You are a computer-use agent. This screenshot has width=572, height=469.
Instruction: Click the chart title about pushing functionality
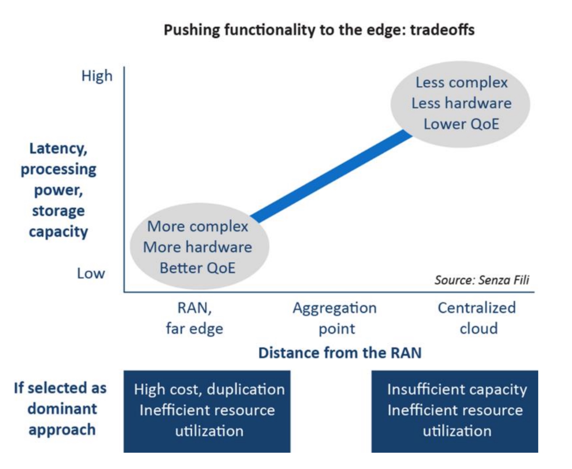[319, 30]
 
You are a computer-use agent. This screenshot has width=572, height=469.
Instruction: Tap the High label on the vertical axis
[97, 77]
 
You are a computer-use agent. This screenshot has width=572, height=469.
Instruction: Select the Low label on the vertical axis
[91, 274]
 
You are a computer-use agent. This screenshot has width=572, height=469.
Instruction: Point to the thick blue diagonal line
[331, 176]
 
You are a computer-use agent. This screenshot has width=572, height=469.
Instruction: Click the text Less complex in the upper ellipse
[462, 83]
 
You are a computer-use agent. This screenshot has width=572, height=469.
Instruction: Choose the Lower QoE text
[461, 124]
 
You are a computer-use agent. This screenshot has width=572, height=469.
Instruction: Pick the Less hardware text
[461, 103]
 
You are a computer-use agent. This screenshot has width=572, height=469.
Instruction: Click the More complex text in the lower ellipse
[197, 226]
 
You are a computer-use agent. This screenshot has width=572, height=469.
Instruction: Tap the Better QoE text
[197, 268]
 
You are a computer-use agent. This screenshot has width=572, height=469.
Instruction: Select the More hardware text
[197, 247]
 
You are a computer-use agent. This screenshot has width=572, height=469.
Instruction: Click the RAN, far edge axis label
[195, 318]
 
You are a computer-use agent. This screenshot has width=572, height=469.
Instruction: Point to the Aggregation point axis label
[335, 318]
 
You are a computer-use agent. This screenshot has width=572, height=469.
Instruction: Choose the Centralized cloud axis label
[477, 318]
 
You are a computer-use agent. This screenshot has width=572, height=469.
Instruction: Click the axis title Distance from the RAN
[340, 353]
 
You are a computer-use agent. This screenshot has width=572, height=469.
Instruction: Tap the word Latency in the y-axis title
[58, 149]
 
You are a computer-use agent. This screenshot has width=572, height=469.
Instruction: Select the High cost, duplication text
[209, 390]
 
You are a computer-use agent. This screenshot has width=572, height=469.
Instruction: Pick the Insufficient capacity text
[457, 390]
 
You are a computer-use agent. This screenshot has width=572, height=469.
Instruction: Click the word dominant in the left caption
[62, 409]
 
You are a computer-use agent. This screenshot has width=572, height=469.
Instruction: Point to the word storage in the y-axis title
[58, 211]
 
